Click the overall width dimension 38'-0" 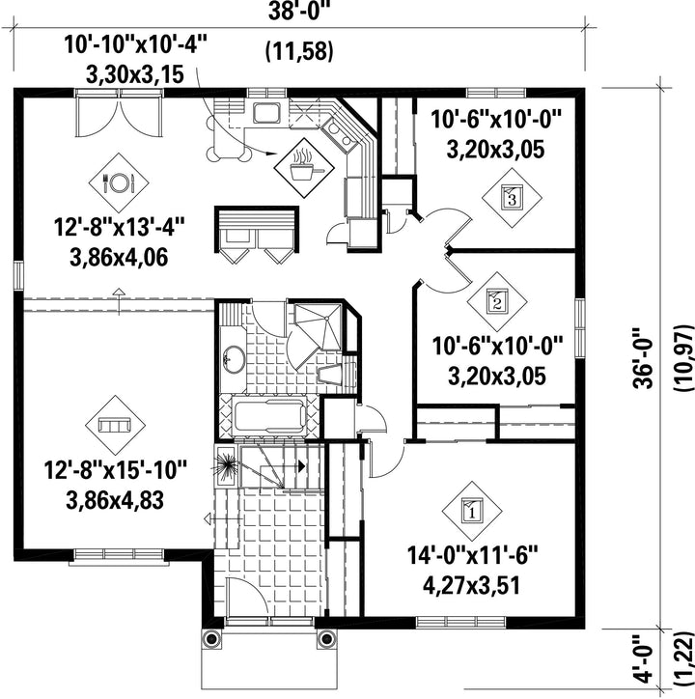point(300,12)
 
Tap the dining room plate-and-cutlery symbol point(119,182)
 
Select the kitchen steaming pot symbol point(304,168)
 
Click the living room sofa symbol point(115,425)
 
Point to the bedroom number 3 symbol point(512,198)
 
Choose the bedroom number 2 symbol point(497,302)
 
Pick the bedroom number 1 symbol point(472,512)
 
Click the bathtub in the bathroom point(269,415)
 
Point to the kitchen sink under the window point(267,113)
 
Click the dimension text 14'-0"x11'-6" point(473,556)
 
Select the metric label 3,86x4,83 point(115,500)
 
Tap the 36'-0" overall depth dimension point(643,358)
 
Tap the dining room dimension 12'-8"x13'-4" point(119,227)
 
